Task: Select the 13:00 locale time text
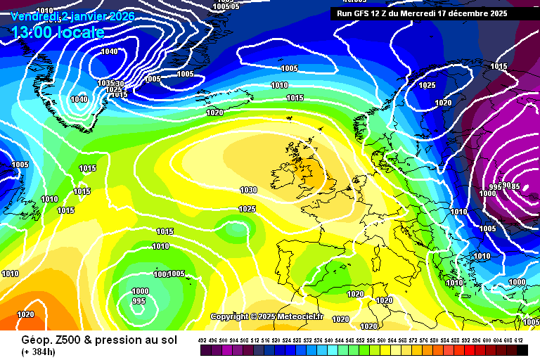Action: tap(58, 32)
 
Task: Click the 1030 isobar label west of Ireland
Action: tap(247, 190)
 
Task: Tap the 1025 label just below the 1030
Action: tap(247, 209)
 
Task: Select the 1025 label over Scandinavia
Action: tap(427, 85)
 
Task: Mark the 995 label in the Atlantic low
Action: tap(139, 301)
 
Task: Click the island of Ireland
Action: tap(290, 174)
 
